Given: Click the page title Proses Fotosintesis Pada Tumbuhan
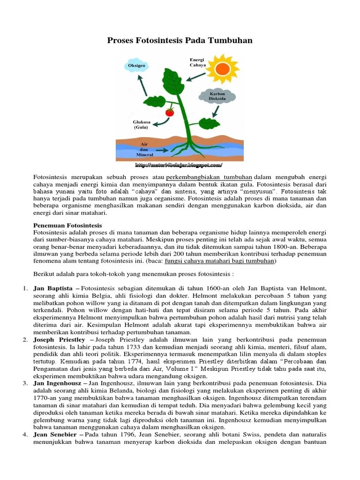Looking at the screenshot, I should pyautogui.click(x=180, y=41).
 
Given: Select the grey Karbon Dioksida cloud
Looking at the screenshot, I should pyautogui.click(x=217, y=96).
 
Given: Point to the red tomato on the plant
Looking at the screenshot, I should pyautogui.click(x=170, y=112).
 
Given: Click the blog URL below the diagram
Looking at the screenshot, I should pyautogui.click(x=179, y=165).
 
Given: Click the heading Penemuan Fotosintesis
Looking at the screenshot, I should pyautogui.click(x=68, y=226).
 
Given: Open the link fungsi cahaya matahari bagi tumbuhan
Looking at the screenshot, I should pyautogui.click(x=230, y=261).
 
